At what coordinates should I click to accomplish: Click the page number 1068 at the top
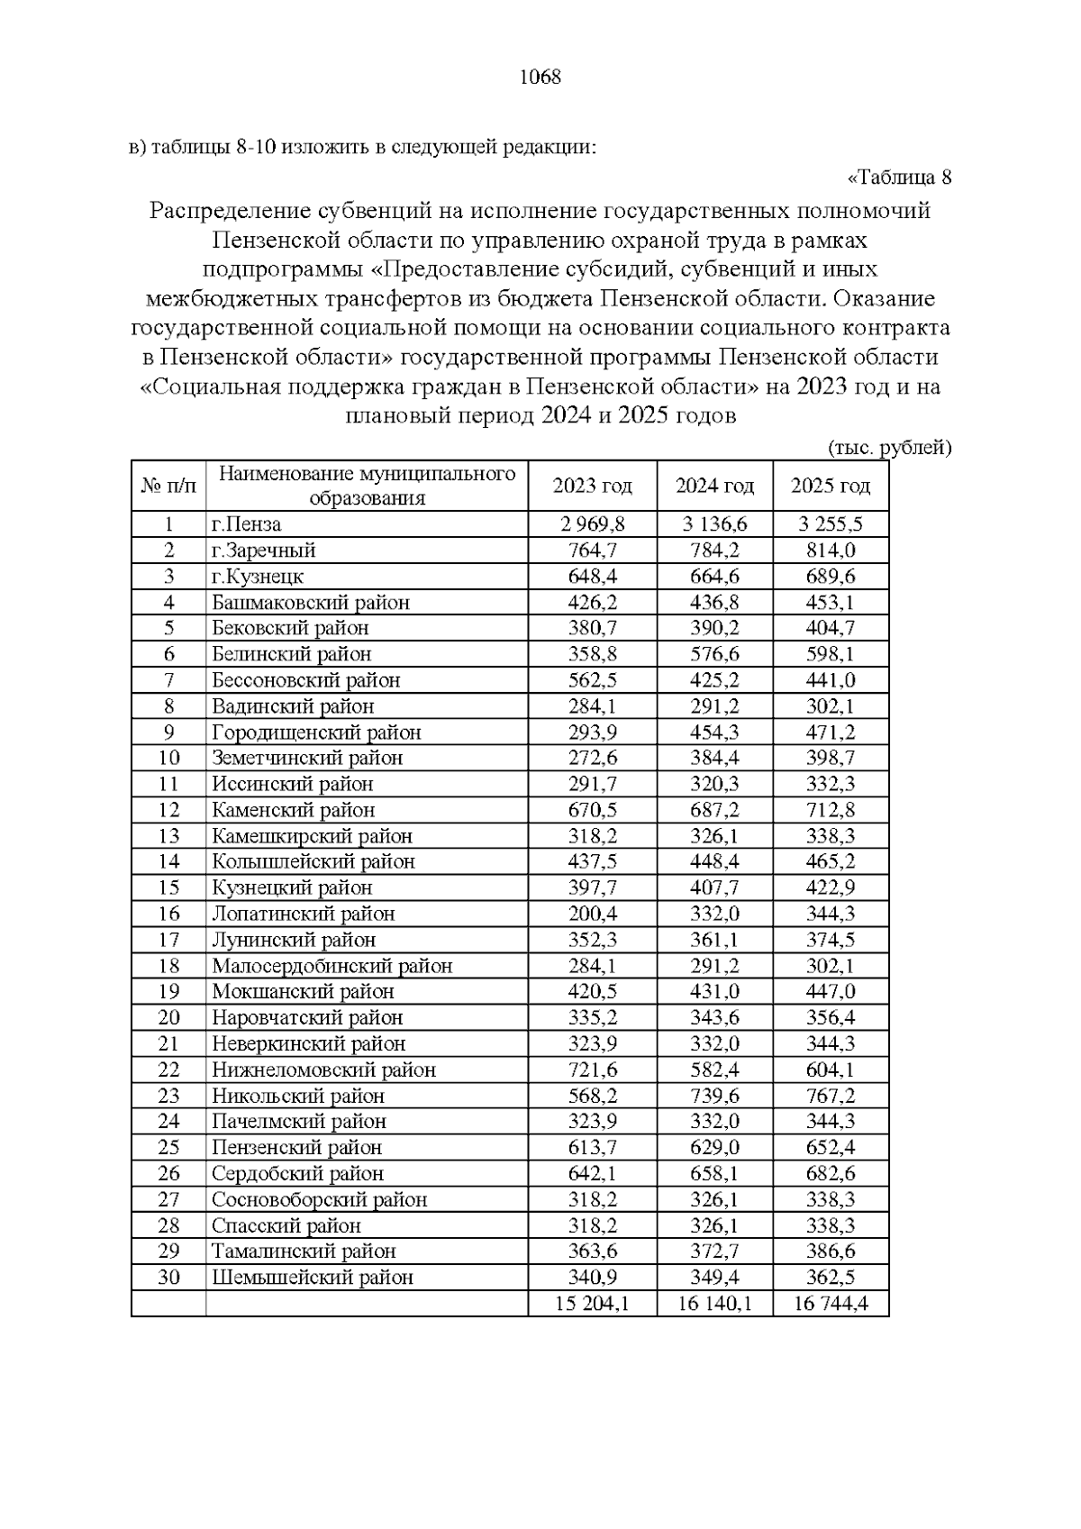coord(540,77)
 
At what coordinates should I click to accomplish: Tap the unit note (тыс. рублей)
coord(888,448)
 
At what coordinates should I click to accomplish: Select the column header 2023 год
coord(592,487)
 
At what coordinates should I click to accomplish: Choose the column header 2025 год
coord(830,487)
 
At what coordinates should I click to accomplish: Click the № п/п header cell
coord(168,487)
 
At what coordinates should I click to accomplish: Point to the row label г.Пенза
coord(246,524)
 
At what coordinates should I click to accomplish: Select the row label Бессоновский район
coord(305,680)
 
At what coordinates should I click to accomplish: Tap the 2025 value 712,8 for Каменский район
coord(830,810)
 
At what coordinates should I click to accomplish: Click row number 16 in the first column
coord(168,914)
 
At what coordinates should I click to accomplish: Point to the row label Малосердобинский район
coord(332,966)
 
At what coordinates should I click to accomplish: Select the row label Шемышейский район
coord(313,1278)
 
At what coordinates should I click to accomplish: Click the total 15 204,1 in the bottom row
coord(592,1304)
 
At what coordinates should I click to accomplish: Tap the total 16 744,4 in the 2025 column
coord(830,1304)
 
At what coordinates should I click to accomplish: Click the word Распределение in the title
coord(231,212)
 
